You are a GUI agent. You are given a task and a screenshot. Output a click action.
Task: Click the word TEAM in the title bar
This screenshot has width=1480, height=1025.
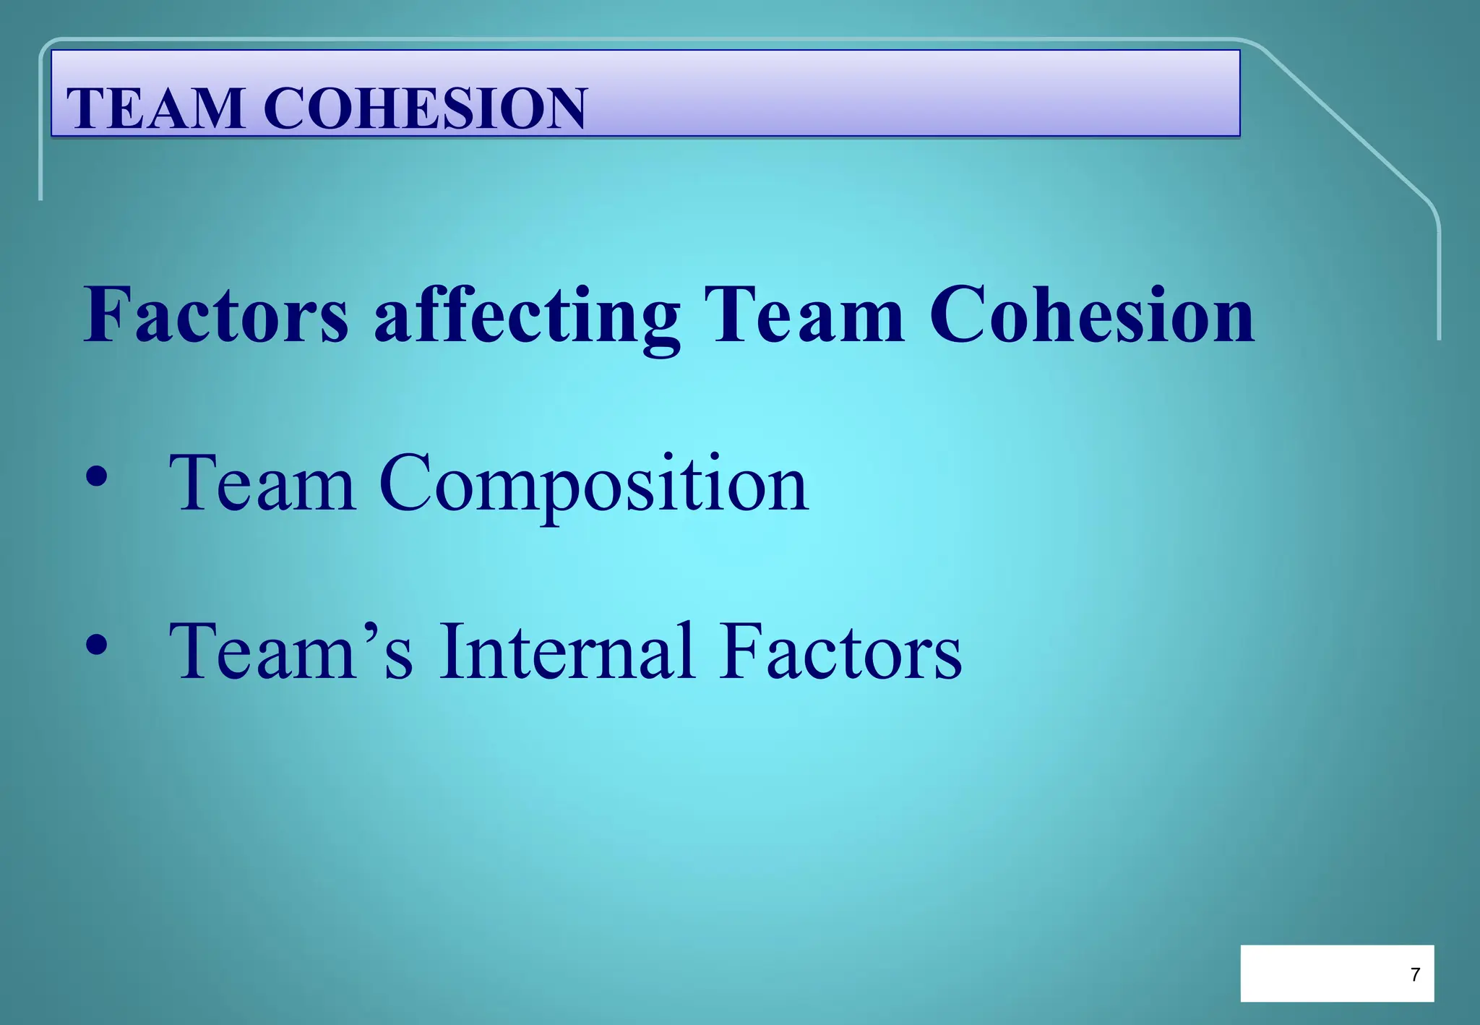click(155, 108)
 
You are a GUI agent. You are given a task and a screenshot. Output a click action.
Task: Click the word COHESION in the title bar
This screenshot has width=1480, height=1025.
click(425, 108)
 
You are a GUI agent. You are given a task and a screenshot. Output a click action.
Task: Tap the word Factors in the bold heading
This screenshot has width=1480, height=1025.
click(216, 315)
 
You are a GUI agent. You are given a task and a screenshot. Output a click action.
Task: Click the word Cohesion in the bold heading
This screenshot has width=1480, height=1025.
click(1091, 315)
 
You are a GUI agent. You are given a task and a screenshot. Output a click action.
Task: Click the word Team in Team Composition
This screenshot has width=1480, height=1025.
click(262, 483)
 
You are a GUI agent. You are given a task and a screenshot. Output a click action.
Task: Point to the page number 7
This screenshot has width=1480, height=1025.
click(1414, 974)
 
